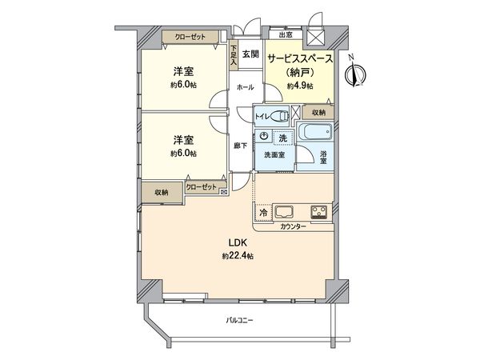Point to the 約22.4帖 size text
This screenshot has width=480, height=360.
pos(238,256)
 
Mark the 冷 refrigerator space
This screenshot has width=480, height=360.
pos(263,213)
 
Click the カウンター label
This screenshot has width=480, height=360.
pos(293,227)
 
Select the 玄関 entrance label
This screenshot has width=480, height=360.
pos(250,54)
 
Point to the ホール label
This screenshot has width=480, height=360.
pos(245,86)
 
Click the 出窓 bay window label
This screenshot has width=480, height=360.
pos(284,35)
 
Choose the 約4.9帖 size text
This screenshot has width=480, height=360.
pos(300,85)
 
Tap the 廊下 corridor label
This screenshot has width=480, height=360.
pos(240,145)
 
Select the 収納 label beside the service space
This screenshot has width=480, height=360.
pos(318,113)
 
